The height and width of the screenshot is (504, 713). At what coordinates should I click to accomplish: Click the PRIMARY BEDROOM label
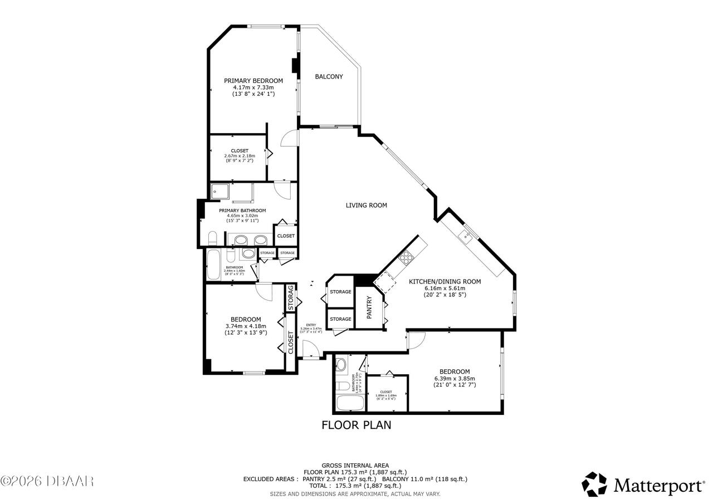tap(253, 81)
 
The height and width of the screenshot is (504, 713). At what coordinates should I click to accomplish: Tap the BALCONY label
tap(329, 77)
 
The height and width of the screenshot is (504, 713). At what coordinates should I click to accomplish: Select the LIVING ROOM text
tap(366, 205)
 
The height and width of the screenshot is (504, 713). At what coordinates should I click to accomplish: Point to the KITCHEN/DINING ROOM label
tap(445, 282)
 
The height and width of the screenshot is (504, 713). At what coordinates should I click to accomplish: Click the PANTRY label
tap(369, 307)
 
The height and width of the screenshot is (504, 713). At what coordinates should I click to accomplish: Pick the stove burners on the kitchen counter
tap(406, 257)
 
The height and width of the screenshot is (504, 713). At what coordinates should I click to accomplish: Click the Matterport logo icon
tap(594, 484)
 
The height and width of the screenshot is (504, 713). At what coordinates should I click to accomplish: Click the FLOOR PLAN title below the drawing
tap(356, 425)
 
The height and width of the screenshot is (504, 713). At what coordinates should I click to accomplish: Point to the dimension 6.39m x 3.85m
tap(455, 378)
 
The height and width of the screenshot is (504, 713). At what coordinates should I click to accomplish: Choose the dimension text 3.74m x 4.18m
tap(246, 326)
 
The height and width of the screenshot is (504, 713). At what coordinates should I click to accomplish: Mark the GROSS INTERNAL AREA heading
tap(355, 466)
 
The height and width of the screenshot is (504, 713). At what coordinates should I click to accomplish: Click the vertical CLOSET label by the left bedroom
tap(291, 342)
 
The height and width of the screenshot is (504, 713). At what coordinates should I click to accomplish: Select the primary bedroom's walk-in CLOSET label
tap(240, 150)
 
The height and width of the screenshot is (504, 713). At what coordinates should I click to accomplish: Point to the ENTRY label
tap(311, 325)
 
